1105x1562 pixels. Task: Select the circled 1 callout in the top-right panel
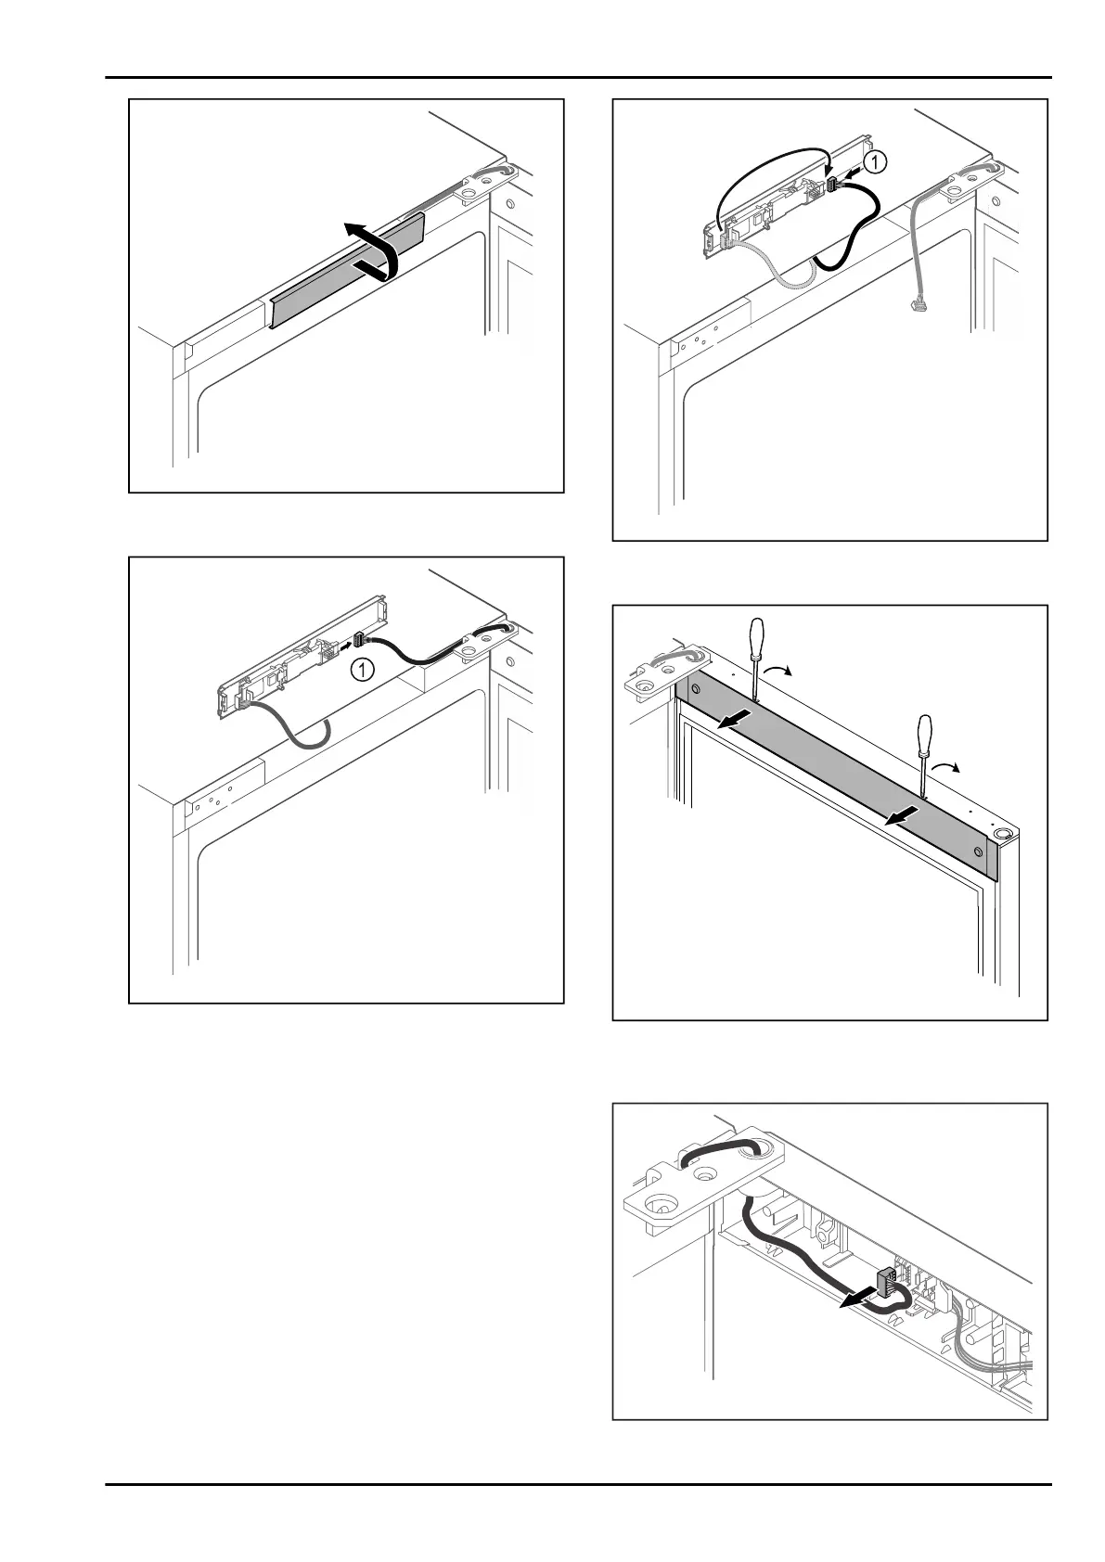tap(875, 162)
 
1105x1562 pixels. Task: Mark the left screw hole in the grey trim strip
tap(693, 691)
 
